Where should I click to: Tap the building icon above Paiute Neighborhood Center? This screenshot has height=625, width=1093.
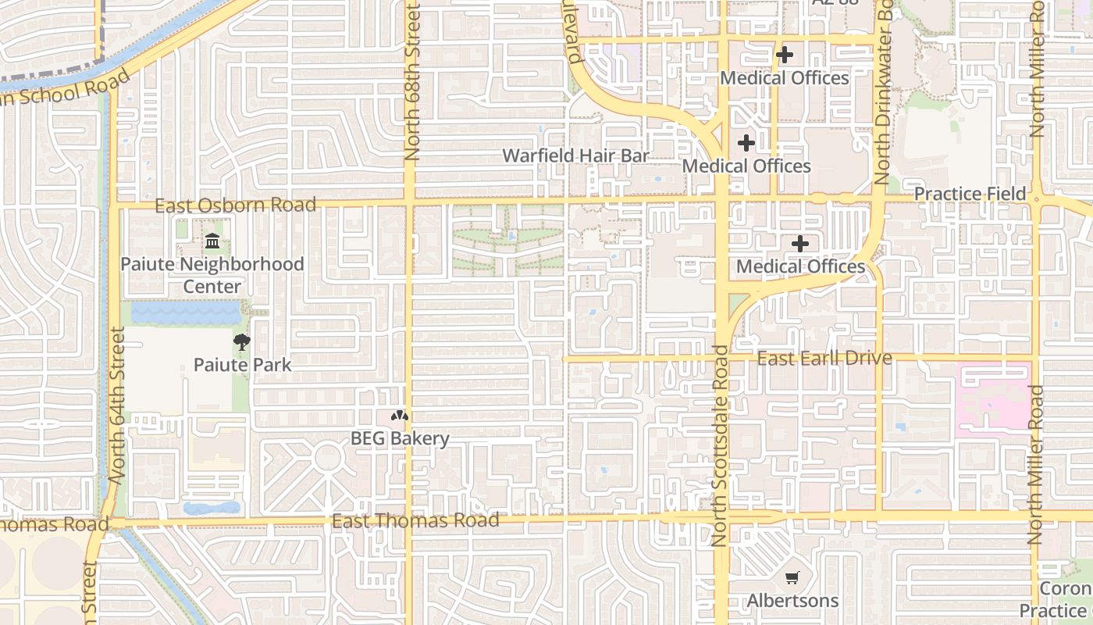coord(212,241)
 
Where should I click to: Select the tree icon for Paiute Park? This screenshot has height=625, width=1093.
coord(242,341)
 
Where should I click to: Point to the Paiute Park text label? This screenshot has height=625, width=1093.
coord(242,364)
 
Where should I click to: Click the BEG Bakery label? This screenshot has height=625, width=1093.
coord(400,438)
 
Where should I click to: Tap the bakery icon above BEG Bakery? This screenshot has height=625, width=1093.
coord(400,416)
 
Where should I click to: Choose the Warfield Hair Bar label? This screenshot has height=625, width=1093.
coord(575,155)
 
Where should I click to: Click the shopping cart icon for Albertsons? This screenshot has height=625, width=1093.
coord(792,578)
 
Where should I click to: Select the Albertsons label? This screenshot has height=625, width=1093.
coord(792,601)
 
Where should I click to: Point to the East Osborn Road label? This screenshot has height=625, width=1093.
coord(235,205)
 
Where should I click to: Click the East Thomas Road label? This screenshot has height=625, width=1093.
coord(415,520)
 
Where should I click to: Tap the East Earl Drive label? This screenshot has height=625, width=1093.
coord(824,359)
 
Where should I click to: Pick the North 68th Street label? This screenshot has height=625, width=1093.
coord(411,82)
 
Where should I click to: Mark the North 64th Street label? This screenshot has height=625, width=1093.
coord(117,406)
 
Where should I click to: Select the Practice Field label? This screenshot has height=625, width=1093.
coord(970,194)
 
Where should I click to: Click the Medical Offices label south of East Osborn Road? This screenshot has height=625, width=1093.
coord(800,266)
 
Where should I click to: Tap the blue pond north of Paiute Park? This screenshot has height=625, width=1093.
coord(185,313)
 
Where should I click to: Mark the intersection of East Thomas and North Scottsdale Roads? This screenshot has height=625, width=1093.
coord(722,517)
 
